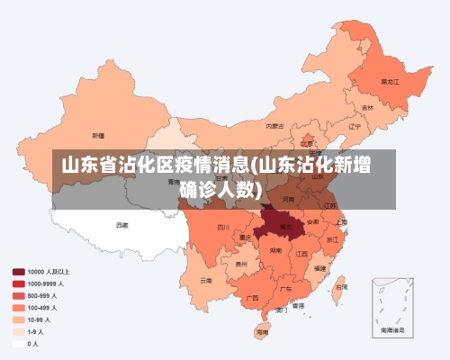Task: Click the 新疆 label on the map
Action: [98, 135]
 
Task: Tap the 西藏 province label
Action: [121, 224]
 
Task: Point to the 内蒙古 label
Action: [275, 126]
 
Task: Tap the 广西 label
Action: [252, 297]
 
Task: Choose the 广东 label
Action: [285, 289]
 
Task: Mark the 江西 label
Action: [302, 254]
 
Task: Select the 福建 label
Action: [321, 267]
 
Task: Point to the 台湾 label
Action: [340, 288]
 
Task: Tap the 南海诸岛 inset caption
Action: [392, 332]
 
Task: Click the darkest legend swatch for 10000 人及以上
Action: [18, 271]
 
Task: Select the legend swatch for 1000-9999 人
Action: [18, 283]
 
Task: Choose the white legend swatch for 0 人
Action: [18, 343]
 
